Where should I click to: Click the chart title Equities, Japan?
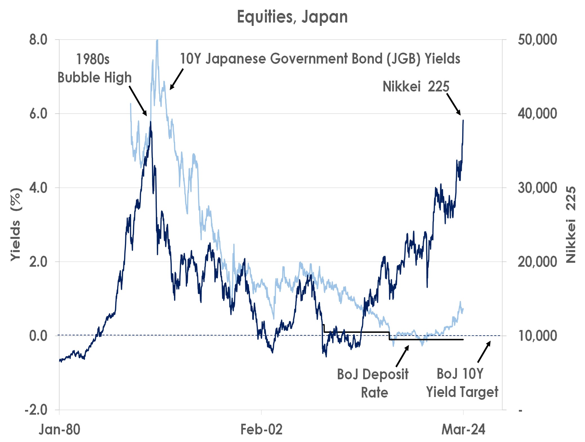pos(292,17)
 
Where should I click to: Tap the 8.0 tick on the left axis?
pos(38,40)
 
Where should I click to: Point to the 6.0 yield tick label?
pos(38,114)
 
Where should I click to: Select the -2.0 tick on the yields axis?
pos(36,410)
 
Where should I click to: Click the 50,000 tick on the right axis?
pos(537,40)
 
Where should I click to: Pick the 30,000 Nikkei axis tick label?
pos(537,188)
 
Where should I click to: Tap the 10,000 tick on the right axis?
pos(537,336)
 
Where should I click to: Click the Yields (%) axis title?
pos(16,225)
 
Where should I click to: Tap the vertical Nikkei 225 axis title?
pos(571,225)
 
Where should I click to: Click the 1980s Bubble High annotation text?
pos(94,68)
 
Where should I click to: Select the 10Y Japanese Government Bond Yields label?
pos(320,59)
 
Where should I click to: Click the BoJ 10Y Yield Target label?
pos(462,383)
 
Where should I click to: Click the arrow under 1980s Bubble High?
pos(138,101)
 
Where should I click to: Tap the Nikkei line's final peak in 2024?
pos(463,121)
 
